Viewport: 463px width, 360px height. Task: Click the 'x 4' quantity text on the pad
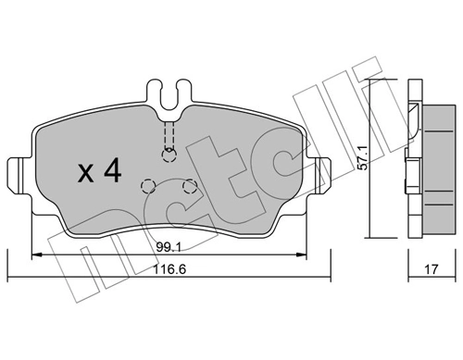(96, 170)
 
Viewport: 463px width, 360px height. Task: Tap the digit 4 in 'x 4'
(110, 170)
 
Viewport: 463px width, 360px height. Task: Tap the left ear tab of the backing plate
(19, 173)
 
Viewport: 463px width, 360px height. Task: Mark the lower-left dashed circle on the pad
(146, 184)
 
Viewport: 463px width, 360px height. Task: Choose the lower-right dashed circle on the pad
(190, 186)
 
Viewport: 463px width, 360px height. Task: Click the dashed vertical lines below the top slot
(168, 135)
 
